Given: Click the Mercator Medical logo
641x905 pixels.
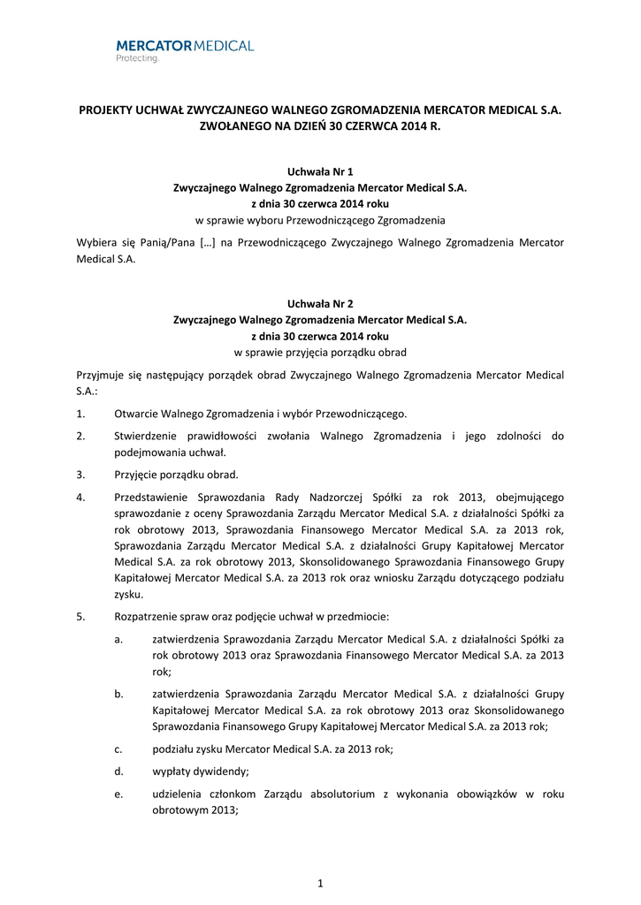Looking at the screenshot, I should point(185,48).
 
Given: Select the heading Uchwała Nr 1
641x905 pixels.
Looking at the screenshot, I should point(320,171).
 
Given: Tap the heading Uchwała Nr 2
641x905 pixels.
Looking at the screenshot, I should point(320,303).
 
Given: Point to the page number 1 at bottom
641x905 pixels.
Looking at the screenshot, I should point(320,883).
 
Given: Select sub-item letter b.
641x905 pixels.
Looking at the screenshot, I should point(118,694).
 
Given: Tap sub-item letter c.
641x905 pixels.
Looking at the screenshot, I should point(118,749).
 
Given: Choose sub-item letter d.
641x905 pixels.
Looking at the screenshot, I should point(118,772).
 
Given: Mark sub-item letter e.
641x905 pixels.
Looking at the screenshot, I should point(118,795).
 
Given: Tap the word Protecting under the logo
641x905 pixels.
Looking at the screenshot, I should point(137,59).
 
